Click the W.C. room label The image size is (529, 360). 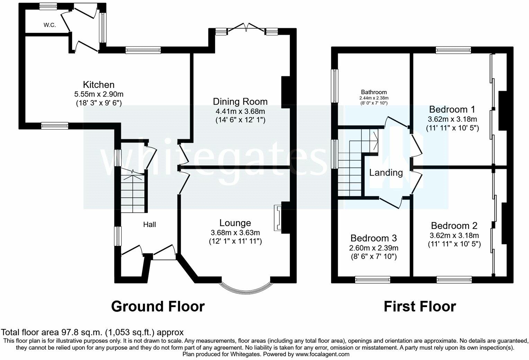(50, 25)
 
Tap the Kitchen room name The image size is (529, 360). (99, 84)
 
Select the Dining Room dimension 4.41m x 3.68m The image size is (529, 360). (240, 111)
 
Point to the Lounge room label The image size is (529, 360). (235, 223)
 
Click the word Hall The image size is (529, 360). (150, 225)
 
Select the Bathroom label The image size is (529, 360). (374, 92)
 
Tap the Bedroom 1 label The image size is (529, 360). (452, 109)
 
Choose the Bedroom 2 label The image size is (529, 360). (454, 226)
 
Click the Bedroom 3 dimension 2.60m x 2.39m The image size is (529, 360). (374, 248)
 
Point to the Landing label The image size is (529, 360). (386, 173)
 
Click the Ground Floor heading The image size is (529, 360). (158, 306)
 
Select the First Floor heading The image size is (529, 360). (420, 306)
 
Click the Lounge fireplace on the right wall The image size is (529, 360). (278, 218)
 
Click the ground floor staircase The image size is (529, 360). (133, 191)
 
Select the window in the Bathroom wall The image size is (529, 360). (335, 86)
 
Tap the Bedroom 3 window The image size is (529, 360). (373, 280)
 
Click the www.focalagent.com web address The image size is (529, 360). (322, 354)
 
